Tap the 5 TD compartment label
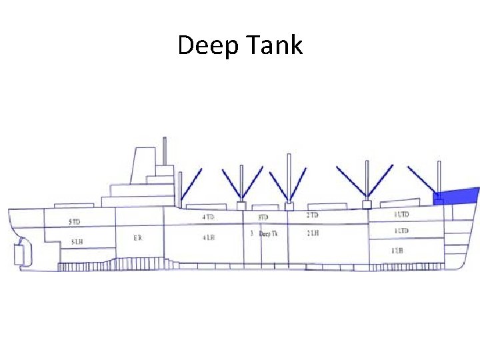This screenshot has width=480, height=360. point(74,221)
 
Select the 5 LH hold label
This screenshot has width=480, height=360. point(77,241)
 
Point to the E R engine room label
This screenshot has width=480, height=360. point(137,237)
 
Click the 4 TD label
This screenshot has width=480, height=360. point(209,217)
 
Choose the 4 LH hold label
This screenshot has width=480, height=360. point(209,237)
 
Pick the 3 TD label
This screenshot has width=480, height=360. point(263,217)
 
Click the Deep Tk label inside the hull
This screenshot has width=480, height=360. point(268,234)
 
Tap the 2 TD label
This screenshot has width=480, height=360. point(312,215)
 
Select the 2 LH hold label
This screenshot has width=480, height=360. point(313,233)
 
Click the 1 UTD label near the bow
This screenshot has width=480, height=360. point(401,215)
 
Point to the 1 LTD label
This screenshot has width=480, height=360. point(401,231)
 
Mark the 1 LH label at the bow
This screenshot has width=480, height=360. point(397,251)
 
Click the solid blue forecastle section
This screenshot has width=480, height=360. point(459,195)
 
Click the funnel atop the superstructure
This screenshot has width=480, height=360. point(143,165)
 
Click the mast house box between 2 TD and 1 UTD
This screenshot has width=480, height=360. point(366,204)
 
